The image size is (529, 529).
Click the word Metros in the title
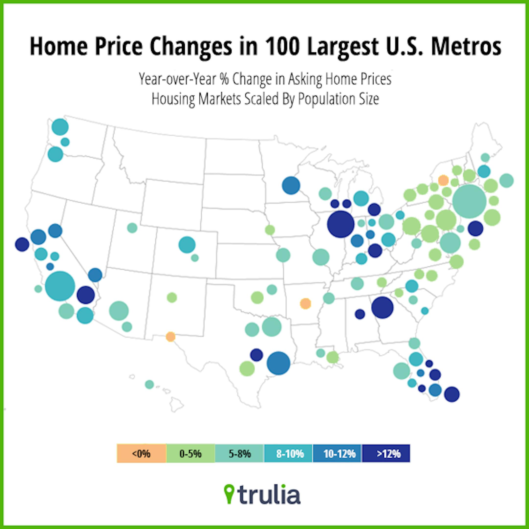466,47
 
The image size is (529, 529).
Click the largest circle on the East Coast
469,201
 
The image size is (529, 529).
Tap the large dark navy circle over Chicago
341,224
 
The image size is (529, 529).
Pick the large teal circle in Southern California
60,286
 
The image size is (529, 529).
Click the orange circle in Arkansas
305,304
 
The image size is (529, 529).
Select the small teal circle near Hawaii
149,385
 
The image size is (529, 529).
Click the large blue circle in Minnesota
291,185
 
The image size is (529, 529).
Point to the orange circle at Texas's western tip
170,337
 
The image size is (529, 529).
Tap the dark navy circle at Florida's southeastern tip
452,394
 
